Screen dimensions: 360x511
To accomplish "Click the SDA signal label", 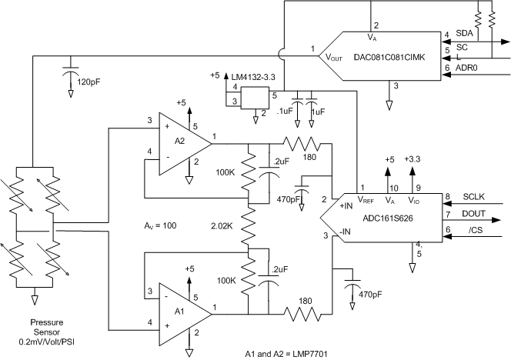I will coord(465,34).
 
